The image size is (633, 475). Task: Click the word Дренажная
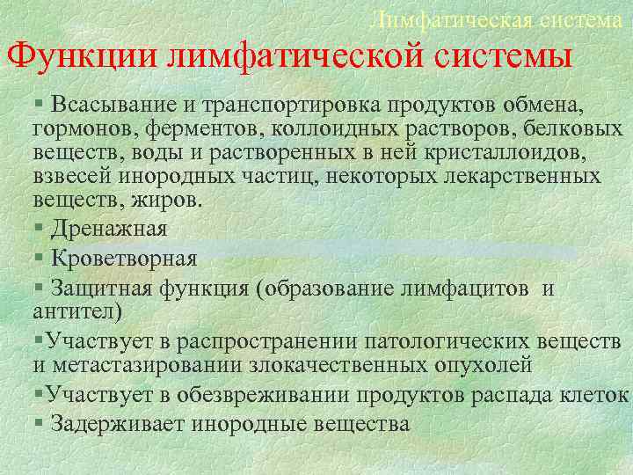pos(109,229)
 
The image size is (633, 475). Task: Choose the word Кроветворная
pos(123,259)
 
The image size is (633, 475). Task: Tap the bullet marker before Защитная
pos(39,289)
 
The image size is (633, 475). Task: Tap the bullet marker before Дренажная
pos(39,229)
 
